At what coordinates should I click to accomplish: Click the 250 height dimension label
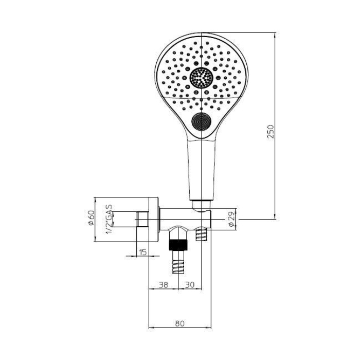pyautogui.click(x=271, y=131)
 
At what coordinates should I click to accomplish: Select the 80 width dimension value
pyautogui.click(x=180, y=323)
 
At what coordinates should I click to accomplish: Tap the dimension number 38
pyautogui.click(x=164, y=285)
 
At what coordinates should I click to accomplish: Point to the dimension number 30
pyautogui.click(x=190, y=285)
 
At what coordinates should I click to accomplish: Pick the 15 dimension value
pyautogui.click(x=143, y=252)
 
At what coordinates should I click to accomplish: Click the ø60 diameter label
pyautogui.click(x=91, y=218)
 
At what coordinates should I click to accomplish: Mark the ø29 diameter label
pyautogui.click(x=231, y=219)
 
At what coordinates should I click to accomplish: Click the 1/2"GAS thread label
pyautogui.click(x=109, y=220)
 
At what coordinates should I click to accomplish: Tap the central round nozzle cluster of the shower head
pyautogui.click(x=202, y=78)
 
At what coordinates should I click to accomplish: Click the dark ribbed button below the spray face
pyautogui.click(x=202, y=122)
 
